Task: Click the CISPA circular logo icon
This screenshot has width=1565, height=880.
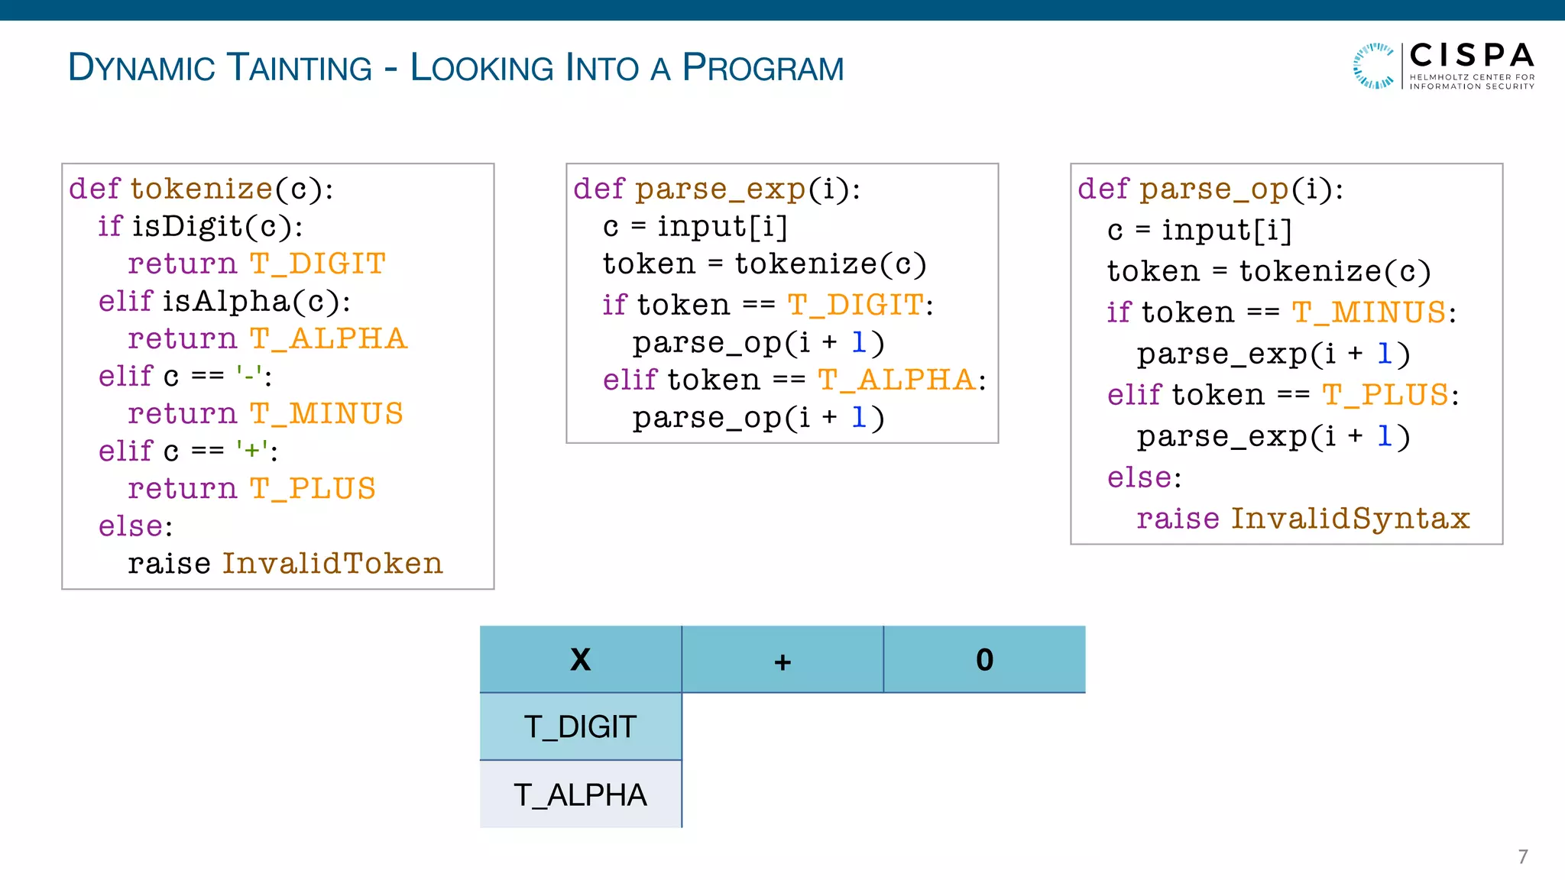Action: [1373, 66]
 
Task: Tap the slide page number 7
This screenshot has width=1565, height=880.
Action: [1522, 856]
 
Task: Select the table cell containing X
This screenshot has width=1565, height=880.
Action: [581, 660]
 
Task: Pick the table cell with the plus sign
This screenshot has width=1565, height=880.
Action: [782, 660]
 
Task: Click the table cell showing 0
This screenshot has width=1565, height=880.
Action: [984, 660]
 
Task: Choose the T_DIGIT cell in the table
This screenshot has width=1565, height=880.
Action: [581, 726]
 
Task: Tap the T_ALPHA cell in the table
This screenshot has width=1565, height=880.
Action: [581, 794]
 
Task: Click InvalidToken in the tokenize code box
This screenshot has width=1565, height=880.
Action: [332, 564]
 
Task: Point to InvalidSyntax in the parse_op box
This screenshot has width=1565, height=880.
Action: [1350, 519]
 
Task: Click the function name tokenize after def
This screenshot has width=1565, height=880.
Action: [201, 189]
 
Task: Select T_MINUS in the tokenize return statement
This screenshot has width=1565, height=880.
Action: [326, 413]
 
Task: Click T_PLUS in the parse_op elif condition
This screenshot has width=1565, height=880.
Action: [1385, 395]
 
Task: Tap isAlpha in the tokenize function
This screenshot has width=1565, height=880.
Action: [225, 301]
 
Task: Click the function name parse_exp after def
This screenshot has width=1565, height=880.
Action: [721, 189]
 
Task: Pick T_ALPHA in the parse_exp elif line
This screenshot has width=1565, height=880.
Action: [896, 380]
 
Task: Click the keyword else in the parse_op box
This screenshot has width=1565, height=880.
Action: [1139, 477]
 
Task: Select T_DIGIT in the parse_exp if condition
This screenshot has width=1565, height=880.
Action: [855, 305]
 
